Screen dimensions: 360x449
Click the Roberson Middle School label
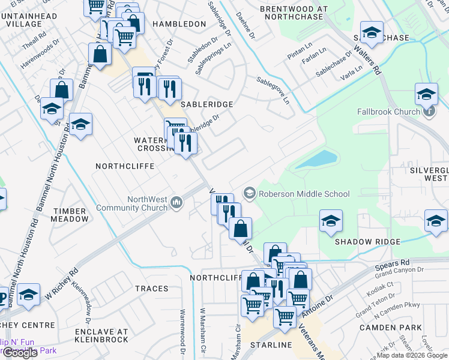[304, 194]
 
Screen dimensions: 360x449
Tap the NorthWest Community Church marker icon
[176, 204]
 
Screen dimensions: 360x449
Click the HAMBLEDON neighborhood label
[179, 24]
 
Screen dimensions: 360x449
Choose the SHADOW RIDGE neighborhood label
[367, 242]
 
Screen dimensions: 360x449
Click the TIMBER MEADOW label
[71, 215]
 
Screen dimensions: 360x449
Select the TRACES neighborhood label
[151, 289]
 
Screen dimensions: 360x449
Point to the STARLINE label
[271, 345]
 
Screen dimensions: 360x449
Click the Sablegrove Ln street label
[273, 90]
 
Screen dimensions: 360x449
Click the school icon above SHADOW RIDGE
[331, 221]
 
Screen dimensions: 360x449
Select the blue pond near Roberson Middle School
[316, 160]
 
